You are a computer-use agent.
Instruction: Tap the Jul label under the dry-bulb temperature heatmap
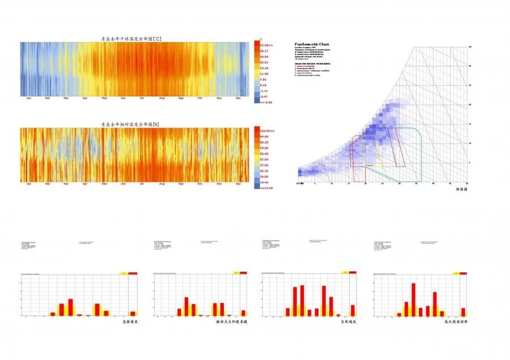click(142, 98)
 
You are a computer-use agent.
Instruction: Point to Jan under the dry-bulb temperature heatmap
click(29, 98)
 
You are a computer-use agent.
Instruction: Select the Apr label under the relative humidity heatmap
click(85, 184)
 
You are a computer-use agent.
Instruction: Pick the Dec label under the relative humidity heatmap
click(239, 184)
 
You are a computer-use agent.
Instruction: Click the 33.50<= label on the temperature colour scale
click(266, 45)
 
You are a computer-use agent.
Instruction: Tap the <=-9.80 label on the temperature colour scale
click(266, 103)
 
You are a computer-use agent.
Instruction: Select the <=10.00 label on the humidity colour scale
click(266, 187)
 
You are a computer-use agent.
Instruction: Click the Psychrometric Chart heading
click(312, 44)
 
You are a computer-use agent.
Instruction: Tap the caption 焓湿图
click(461, 190)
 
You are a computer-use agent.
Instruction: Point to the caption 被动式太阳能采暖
click(232, 321)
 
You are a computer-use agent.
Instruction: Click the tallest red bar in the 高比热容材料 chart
click(414, 299)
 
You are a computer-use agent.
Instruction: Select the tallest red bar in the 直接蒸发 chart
click(71, 307)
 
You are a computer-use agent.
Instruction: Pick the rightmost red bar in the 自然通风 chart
click(352, 310)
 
